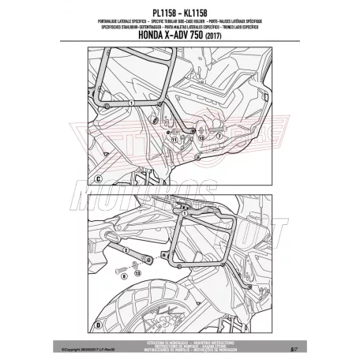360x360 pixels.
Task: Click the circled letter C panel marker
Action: click(99, 179)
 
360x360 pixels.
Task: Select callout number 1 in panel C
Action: click(131, 103)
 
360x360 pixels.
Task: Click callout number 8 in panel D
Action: click(118, 276)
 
